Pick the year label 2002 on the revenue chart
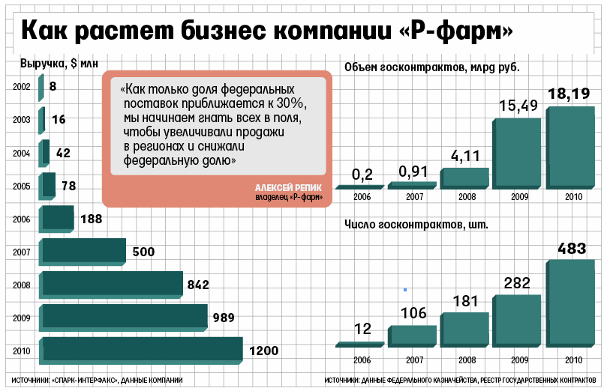coord(21,87)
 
